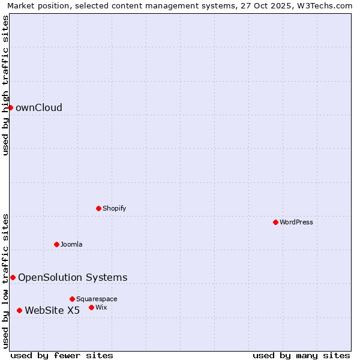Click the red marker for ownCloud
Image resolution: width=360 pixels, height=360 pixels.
click(10, 107)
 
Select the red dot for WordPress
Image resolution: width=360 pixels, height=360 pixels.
click(275, 222)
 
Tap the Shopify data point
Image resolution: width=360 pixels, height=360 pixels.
click(98, 208)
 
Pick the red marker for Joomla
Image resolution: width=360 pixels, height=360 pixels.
click(56, 244)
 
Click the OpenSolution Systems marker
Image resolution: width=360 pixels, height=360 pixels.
click(13, 277)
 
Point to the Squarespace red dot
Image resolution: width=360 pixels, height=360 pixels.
click(72, 299)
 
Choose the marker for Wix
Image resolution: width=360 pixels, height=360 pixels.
click(91, 307)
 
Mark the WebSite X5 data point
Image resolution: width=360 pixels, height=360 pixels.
click(19, 310)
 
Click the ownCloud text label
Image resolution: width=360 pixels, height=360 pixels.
click(38, 108)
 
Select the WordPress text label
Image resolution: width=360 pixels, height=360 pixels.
click(296, 222)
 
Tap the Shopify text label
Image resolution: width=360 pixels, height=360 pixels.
click(114, 208)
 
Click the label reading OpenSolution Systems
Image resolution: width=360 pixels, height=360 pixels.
click(73, 277)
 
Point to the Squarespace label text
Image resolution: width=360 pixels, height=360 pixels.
click(97, 299)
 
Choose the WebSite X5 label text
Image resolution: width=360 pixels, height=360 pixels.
click(52, 310)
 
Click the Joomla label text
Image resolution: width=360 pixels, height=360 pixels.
click(71, 244)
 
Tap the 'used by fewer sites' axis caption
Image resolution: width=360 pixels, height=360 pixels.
click(62, 355)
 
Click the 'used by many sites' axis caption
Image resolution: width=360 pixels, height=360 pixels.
click(301, 355)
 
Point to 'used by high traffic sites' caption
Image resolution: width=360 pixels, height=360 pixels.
click(6, 85)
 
